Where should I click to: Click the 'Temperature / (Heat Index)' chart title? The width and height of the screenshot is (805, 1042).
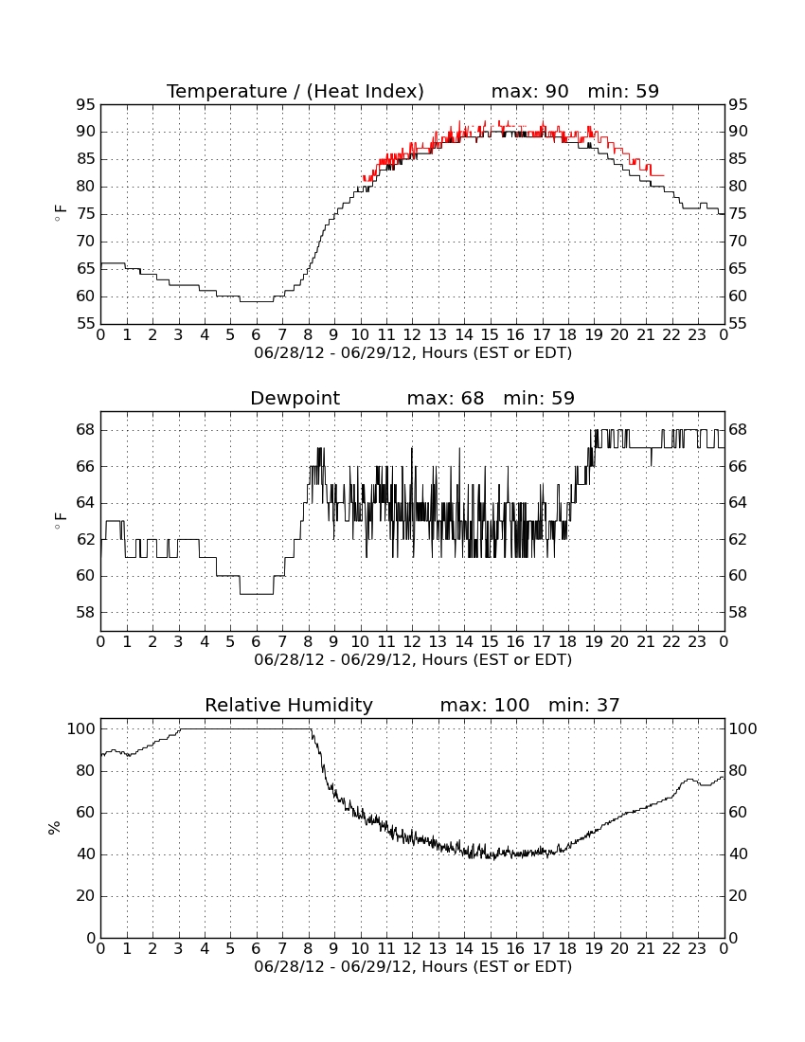295,91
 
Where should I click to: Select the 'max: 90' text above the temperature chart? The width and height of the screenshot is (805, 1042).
530,91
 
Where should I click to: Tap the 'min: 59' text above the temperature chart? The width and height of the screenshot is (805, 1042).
623,91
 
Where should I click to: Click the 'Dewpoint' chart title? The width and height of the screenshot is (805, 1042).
295,398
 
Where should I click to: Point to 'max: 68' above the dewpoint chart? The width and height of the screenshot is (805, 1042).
446,398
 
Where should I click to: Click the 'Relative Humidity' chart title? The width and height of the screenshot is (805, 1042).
289,705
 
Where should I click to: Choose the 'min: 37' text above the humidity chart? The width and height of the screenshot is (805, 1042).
583,705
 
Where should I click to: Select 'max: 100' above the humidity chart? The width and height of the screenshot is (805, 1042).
485,705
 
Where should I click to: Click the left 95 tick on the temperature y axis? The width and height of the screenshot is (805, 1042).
85,105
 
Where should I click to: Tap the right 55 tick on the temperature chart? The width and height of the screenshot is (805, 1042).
738,324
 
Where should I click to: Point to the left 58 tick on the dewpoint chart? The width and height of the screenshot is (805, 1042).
85,612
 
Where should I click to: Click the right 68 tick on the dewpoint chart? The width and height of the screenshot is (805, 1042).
738,430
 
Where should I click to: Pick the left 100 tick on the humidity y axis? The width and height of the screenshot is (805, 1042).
81,729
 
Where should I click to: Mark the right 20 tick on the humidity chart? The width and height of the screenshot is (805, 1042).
738,896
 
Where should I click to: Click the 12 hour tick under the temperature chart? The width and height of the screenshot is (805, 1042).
412,335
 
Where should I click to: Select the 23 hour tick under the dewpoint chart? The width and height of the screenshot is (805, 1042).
697,642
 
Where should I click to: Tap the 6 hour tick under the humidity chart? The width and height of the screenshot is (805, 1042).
257,949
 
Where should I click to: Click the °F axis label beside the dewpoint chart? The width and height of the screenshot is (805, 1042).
60,521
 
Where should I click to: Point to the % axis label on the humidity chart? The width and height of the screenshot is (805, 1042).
55,828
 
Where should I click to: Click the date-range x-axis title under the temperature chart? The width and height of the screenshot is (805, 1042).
413,353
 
